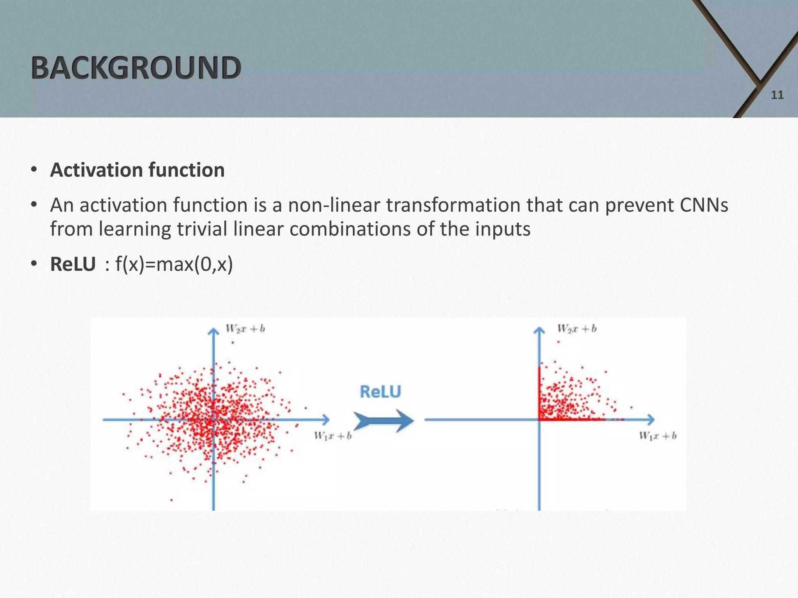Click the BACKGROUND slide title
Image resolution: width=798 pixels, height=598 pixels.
136,68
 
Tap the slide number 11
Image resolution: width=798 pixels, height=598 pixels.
777,95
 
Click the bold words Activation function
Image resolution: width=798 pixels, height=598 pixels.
137,170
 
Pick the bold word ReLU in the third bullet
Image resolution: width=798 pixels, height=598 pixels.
73,264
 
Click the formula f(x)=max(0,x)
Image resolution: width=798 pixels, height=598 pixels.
174,264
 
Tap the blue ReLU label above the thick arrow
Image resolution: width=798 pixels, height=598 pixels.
380,392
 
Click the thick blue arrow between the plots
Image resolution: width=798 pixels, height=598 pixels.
383,420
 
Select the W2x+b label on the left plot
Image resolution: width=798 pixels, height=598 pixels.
245,329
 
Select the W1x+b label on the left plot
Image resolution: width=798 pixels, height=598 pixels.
333,436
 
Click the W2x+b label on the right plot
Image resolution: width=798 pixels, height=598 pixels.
577,329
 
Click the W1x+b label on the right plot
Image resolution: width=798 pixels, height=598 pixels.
658,436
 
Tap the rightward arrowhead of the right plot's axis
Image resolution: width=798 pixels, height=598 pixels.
651,420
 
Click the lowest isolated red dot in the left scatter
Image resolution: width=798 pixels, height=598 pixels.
171,500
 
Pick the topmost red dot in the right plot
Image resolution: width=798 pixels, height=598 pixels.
558,342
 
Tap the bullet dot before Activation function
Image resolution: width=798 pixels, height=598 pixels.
34,170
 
